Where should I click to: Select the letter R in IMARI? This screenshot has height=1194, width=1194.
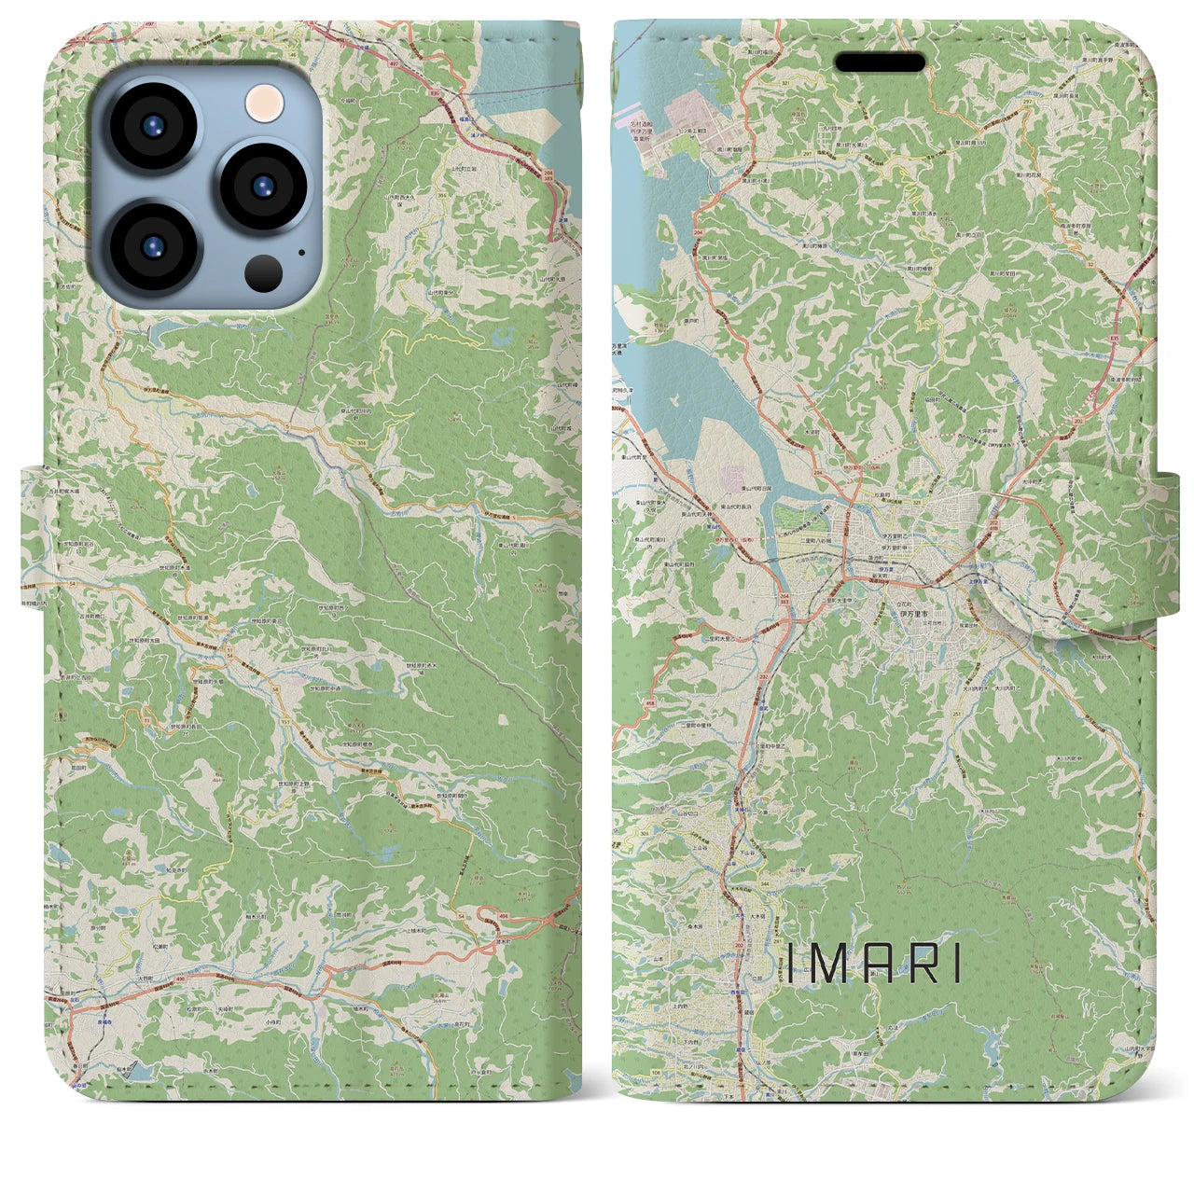tap(918, 965)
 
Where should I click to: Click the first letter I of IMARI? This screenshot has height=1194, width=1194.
tap(789, 965)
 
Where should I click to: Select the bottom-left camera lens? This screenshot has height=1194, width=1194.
tap(153, 247)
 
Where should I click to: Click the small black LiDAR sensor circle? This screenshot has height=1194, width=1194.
tap(264, 273)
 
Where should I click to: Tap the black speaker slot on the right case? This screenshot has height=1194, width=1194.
tap(880, 62)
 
